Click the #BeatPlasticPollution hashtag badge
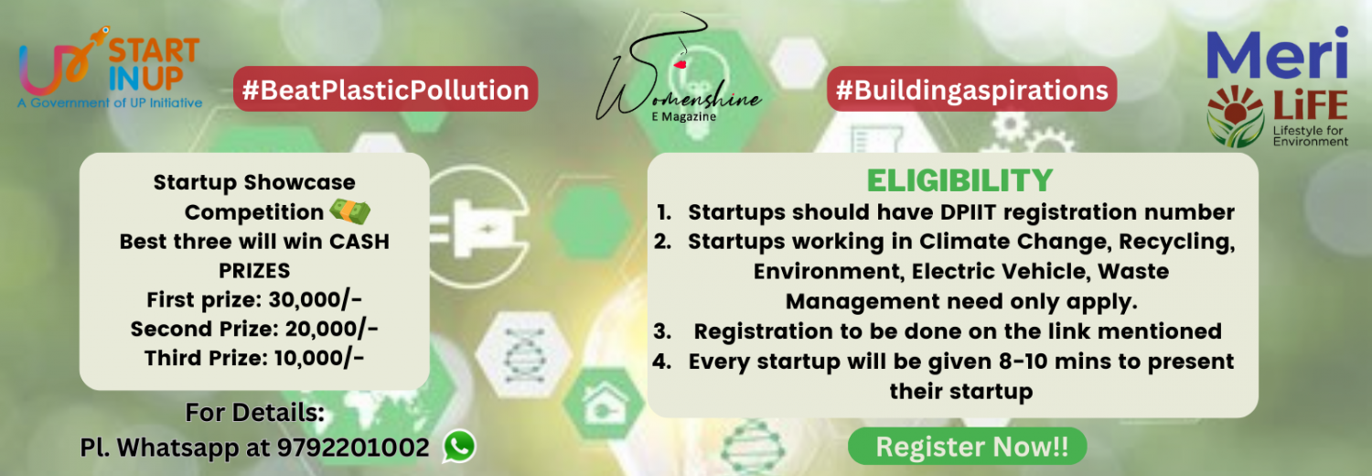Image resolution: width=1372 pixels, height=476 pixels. (x=385, y=90)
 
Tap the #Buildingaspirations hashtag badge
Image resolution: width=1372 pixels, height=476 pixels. (x=971, y=90)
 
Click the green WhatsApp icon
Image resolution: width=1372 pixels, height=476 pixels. (x=459, y=446)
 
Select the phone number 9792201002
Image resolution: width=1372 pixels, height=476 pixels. (x=353, y=448)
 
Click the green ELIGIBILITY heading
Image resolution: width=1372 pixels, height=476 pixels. (x=959, y=180)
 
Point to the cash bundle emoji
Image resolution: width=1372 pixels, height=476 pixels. (x=349, y=211)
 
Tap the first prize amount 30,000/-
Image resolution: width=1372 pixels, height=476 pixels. (x=316, y=299)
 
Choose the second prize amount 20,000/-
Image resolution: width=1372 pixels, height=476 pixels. (x=331, y=329)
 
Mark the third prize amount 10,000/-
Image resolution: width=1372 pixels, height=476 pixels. (x=319, y=358)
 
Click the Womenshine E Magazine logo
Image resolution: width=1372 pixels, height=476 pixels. (x=678, y=70)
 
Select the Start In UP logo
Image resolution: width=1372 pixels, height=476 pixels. (x=111, y=69)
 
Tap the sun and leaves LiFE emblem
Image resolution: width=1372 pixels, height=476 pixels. (x=1235, y=115)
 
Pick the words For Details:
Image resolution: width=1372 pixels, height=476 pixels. (x=255, y=413)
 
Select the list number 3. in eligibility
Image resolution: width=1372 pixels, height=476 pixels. (x=663, y=331)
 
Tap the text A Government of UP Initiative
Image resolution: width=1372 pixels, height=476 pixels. (x=111, y=103)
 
